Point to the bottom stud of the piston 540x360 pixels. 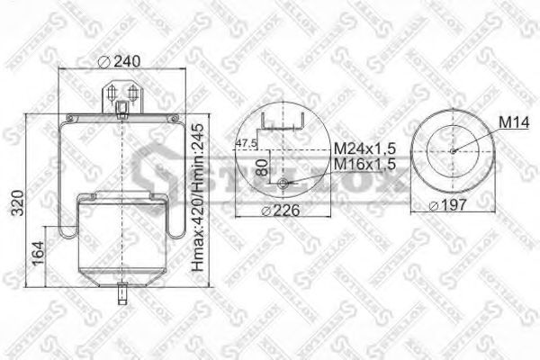pyautogui.click(x=121, y=293)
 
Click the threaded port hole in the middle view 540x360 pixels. pyautogui.click(x=284, y=185)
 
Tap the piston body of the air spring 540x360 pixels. pyautogui.click(x=121, y=243)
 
